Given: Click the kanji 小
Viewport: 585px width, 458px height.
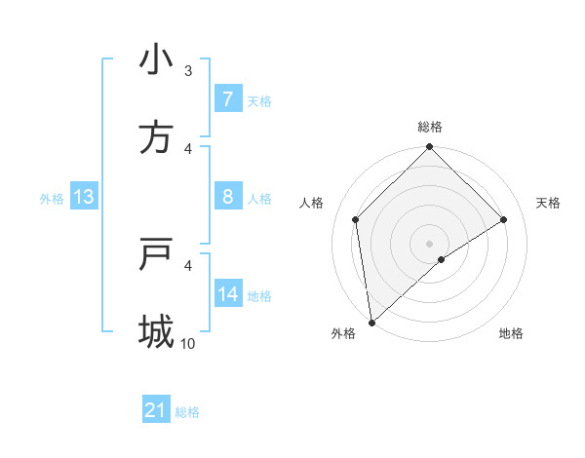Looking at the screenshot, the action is click(x=155, y=59).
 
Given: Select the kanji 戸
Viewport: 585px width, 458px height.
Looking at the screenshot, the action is click(x=155, y=254).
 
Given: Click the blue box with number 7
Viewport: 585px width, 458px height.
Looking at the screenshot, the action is click(x=227, y=98).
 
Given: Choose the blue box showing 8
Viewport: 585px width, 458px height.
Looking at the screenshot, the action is click(x=227, y=197).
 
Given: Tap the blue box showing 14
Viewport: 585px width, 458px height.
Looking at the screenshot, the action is click(x=227, y=294).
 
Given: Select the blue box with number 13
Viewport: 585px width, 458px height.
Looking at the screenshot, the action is click(x=84, y=197).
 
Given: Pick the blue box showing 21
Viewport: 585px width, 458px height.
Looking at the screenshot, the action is click(x=155, y=410).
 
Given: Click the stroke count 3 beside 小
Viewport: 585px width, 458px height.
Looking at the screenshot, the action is click(x=188, y=70).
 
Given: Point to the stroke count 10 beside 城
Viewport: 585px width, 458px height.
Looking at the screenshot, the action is click(x=188, y=343).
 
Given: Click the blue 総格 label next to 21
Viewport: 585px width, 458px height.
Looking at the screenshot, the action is click(x=187, y=412).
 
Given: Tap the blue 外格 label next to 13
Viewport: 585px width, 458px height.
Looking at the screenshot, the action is click(x=52, y=198).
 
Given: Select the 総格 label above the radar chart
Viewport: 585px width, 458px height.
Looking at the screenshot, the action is click(x=430, y=127).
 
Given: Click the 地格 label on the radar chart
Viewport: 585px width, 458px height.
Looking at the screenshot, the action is click(x=511, y=333).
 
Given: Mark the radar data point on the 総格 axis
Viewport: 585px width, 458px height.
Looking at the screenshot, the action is click(x=430, y=148).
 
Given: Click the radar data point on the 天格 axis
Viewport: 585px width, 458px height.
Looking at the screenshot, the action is click(x=504, y=219).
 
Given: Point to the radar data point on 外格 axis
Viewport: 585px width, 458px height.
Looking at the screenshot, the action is click(x=371, y=323).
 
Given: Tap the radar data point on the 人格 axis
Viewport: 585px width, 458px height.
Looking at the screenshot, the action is click(x=356, y=219).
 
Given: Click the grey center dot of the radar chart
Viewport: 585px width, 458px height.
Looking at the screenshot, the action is click(x=430, y=243).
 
